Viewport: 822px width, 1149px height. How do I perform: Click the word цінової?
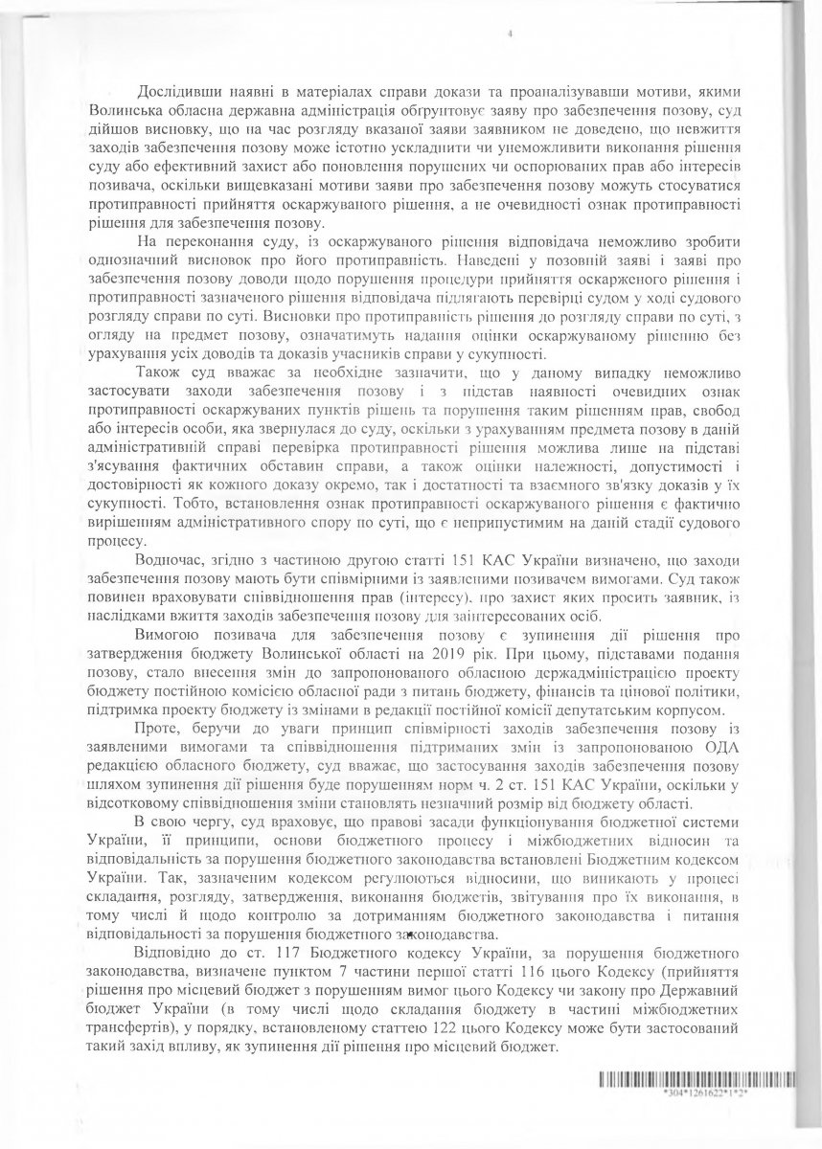[x=670, y=691]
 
